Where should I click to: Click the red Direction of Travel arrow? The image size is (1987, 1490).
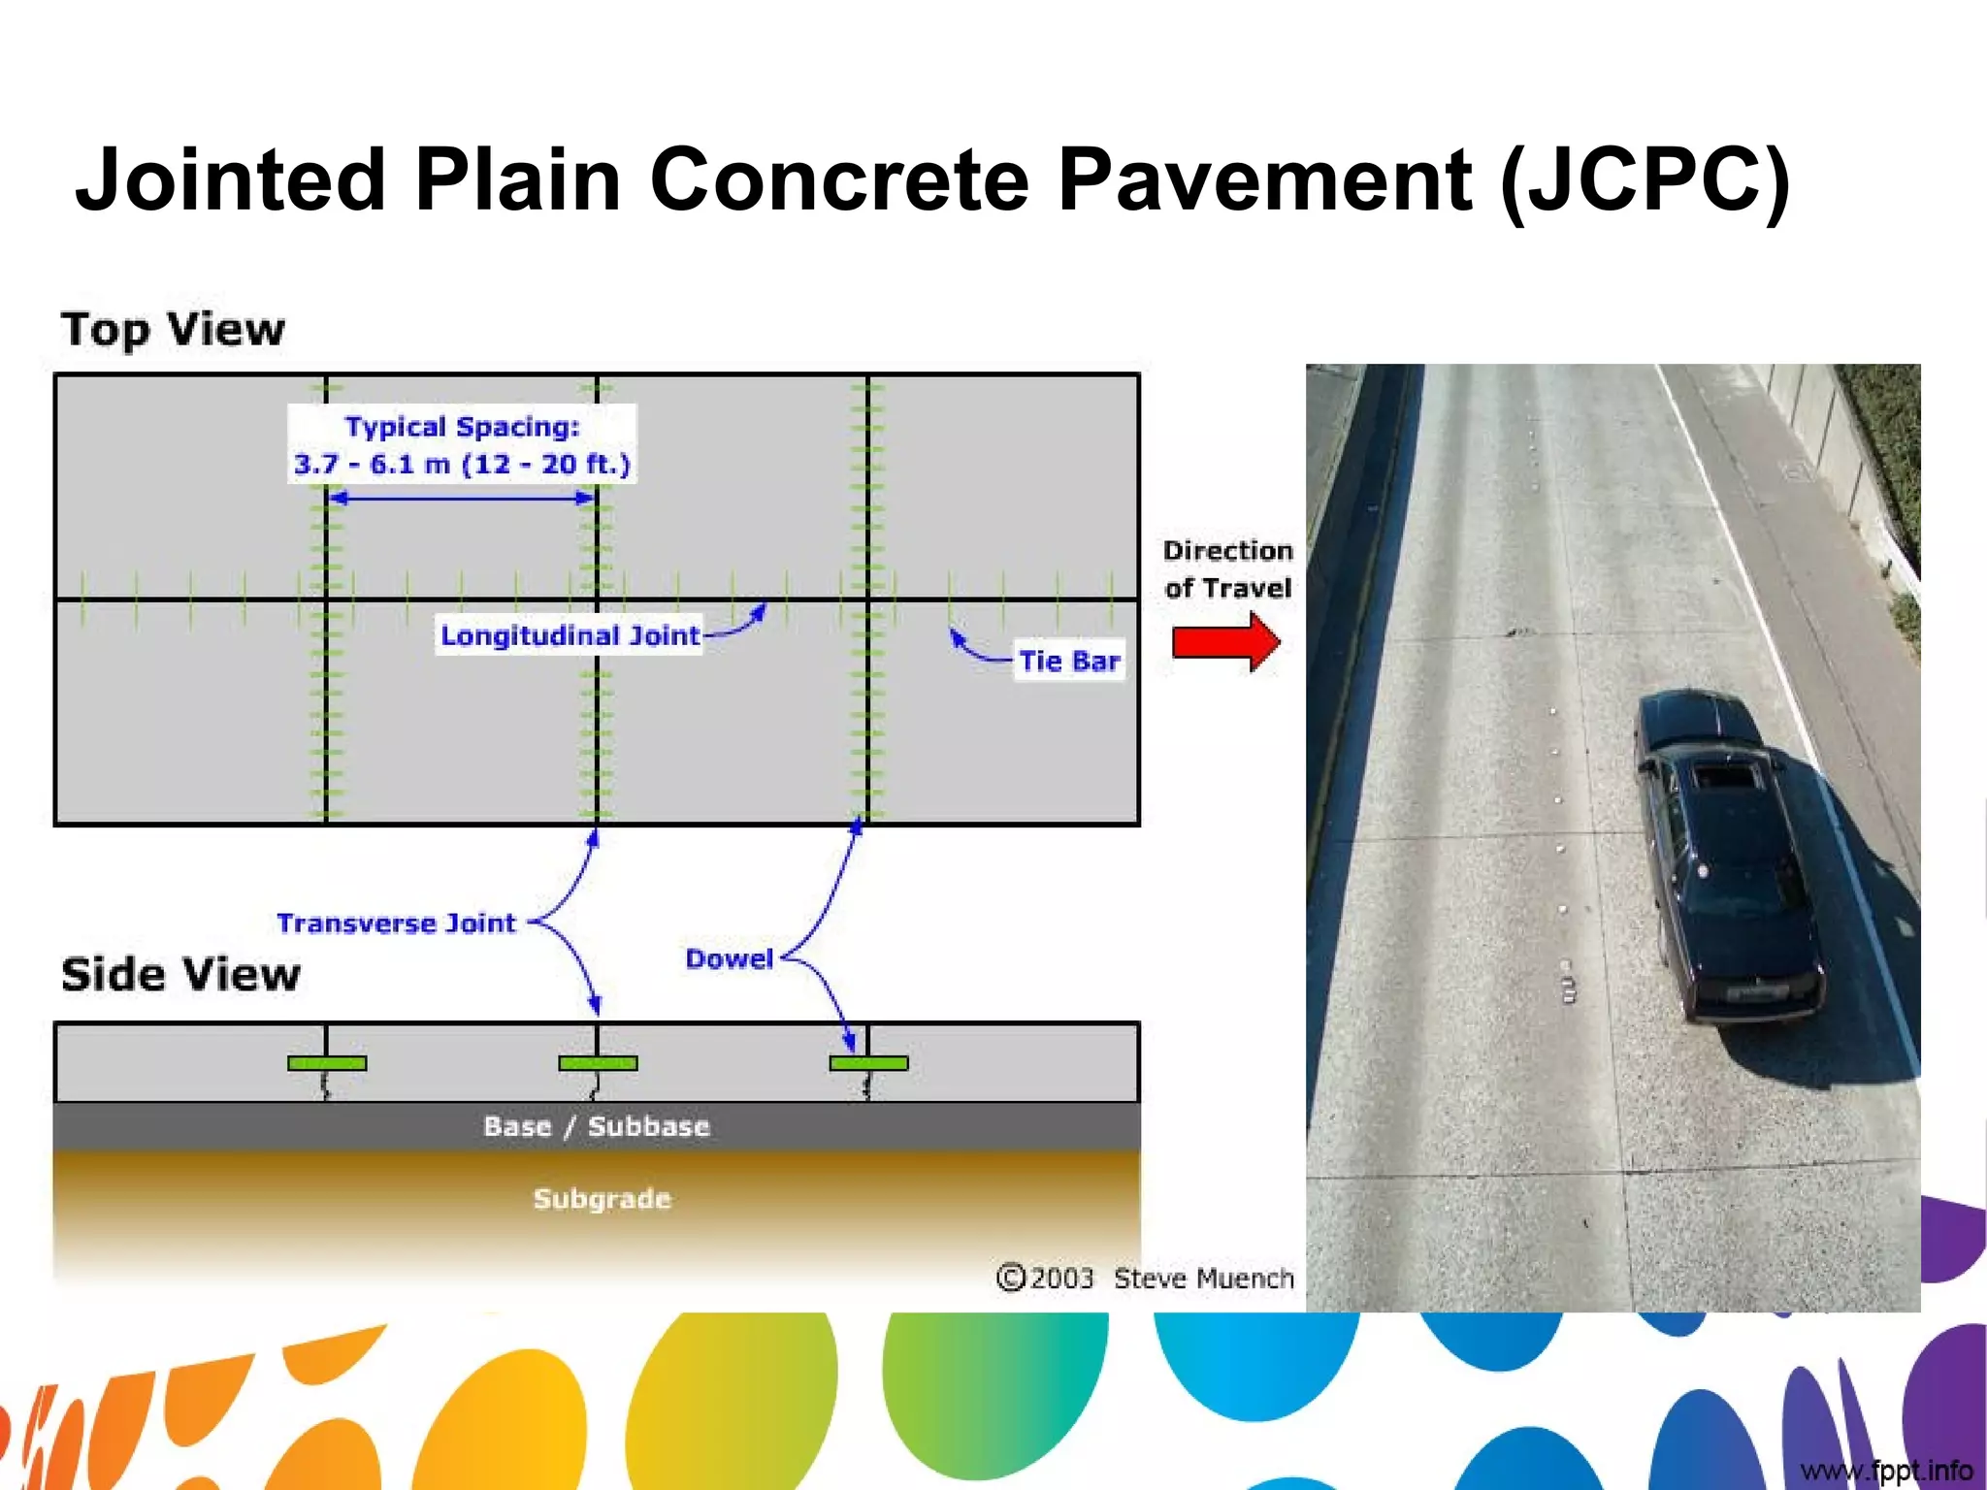pos(1225,642)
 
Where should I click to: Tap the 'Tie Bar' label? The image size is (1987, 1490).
pos(1069,661)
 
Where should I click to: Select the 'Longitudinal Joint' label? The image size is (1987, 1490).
pos(570,635)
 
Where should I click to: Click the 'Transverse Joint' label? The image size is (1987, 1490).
pos(396,923)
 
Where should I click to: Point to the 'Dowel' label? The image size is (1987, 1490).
pos(729,958)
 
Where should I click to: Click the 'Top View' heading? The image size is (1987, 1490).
pos(173,329)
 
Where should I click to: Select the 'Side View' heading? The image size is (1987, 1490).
pos(180,974)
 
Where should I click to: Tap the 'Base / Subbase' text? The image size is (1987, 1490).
pos(597,1126)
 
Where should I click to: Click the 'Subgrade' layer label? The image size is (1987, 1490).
pos(602,1198)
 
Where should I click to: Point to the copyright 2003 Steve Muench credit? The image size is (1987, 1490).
pos(1145,1278)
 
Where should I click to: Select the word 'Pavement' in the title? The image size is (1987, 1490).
pos(1263,179)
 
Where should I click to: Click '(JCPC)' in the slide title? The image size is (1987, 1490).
pos(1644,179)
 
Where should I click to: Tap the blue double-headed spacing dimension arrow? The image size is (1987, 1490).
pos(462,498)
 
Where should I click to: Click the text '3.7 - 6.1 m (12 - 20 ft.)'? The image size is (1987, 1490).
pos(462,464)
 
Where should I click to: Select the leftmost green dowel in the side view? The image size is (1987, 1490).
pos(327,1063)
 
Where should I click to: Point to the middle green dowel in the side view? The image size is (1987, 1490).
pos(598,1063)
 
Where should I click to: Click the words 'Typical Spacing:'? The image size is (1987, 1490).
pos(462,427)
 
